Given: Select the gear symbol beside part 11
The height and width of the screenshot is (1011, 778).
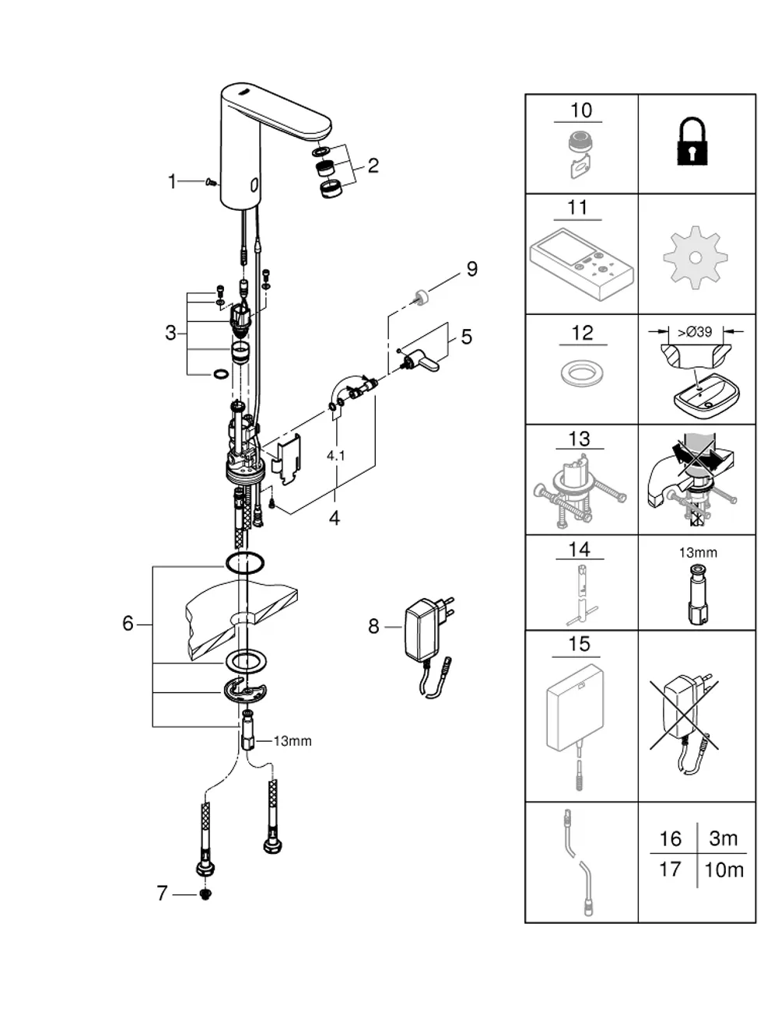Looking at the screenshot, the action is click(x=696, y=257).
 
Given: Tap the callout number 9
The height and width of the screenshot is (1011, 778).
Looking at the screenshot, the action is click(x=471, y=269).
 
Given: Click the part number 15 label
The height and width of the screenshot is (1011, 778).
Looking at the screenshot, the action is click(x=579, y=644).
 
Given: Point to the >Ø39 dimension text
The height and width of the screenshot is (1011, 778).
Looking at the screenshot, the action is click(x=695, y=332).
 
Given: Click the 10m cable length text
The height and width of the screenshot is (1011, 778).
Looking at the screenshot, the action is click(x=724, y=869).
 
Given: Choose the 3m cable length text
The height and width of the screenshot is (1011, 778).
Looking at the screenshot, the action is click(x=723, y=838).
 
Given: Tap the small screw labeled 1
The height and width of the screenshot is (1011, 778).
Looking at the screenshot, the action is click(x=212, y=183).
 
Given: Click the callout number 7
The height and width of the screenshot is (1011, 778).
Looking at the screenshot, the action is click(x=162, y=893).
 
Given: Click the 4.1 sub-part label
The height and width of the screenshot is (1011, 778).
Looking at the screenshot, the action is click(x=335, y=456).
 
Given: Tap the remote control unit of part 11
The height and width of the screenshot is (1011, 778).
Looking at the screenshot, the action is click(x=582, y=264).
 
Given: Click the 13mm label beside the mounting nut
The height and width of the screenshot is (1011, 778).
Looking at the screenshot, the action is click(x=293, y=741).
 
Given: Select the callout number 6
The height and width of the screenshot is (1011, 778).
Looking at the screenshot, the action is click(x=128, y=623).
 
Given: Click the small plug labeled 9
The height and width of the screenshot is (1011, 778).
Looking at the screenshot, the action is click(x=422, y=296).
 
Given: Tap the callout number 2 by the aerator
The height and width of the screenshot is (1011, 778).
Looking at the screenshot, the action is click(x=373, y=166).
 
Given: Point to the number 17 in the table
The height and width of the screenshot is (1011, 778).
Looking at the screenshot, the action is click(x=670, y=869).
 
